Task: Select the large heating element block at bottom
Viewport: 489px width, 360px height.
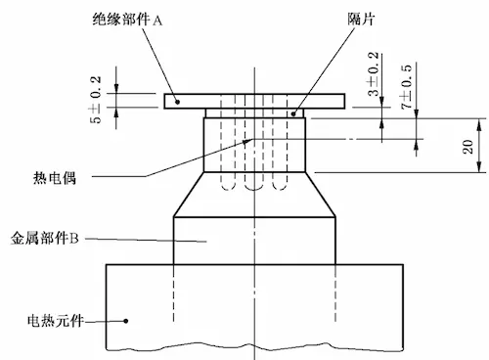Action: tap(254, 303)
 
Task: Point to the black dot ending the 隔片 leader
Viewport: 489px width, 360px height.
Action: tap(293, 112)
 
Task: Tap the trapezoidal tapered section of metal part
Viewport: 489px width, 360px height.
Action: tap(254, 194)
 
